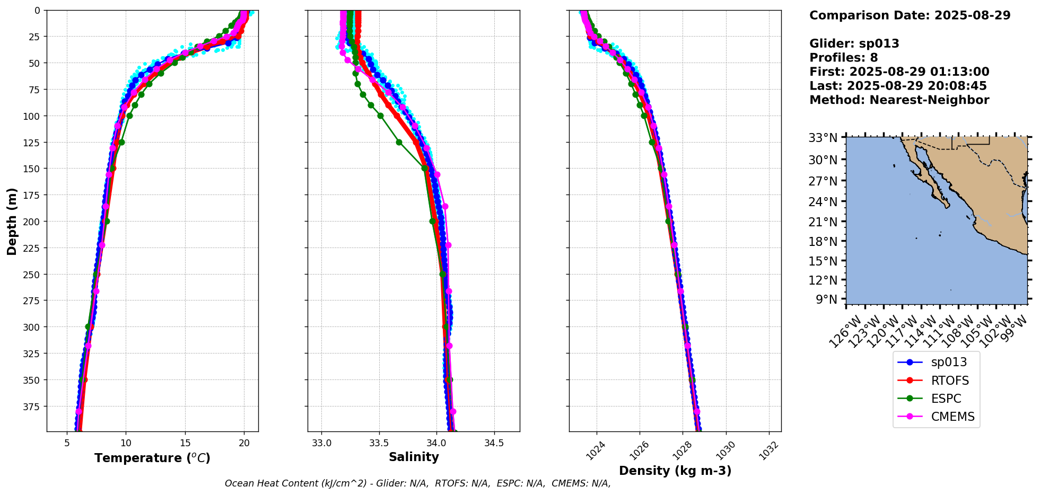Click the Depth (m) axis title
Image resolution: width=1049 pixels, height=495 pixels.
click(x=12, y=221)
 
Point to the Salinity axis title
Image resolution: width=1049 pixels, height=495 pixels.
click(x=414, y=457)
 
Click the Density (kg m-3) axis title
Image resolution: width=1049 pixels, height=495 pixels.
click(x=675, y=471)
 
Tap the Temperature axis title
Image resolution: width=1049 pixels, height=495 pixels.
click(x=152, y=458)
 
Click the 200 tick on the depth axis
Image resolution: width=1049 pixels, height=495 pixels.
click(x=33, y=222)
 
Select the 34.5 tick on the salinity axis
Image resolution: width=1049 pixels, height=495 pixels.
click(x=494, y=443)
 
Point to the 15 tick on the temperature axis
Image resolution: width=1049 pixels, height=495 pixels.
click(x=185, y=443)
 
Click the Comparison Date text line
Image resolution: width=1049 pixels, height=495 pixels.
click(x=910, y=15)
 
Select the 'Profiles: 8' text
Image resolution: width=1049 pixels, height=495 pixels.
click(x=843, y=58)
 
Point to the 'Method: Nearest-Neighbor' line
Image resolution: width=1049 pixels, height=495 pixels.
click(x=899, y=100)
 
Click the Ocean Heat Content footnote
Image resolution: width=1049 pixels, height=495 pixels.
click(x=417, y=483)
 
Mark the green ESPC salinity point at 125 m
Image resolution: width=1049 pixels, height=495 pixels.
click(x=399, y=142)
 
